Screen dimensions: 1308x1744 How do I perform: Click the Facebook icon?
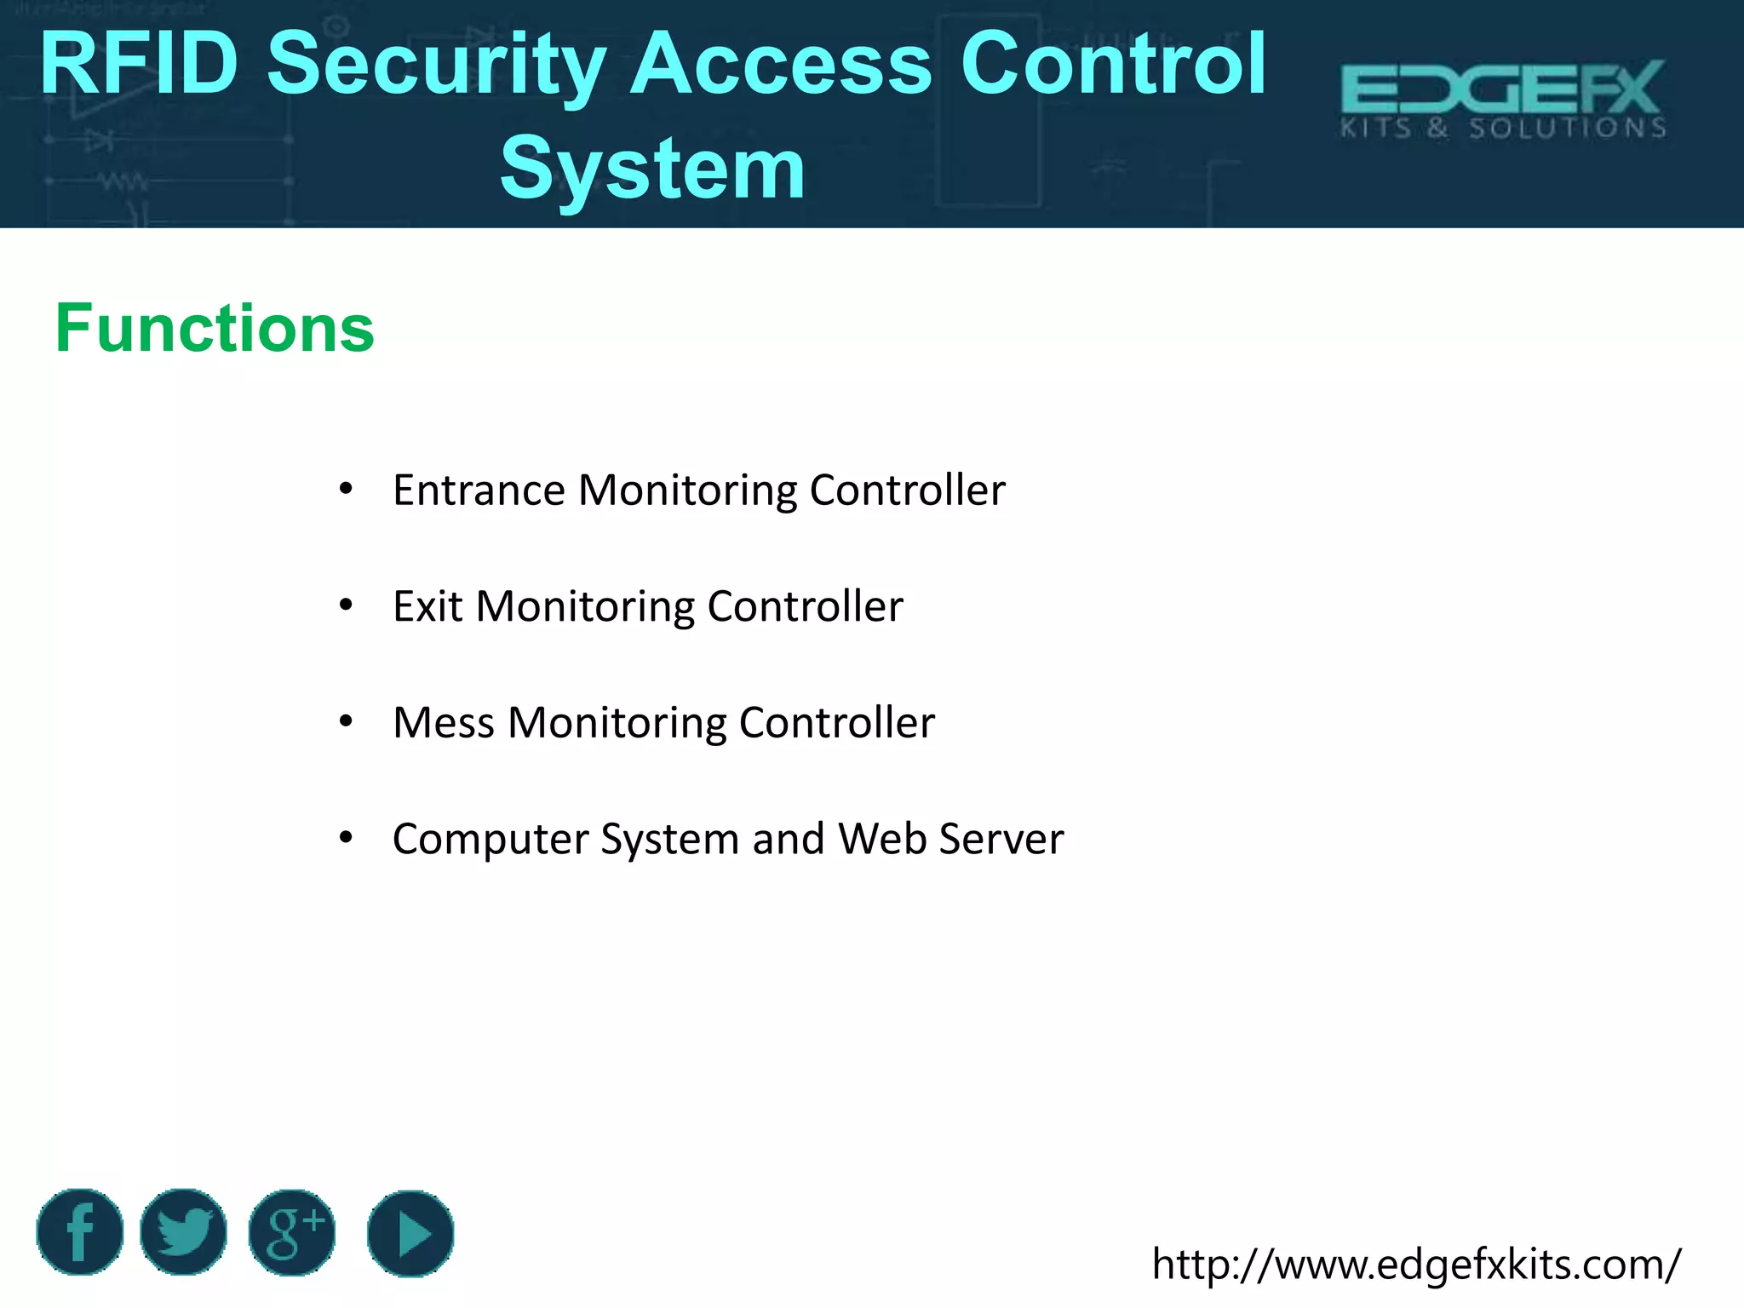(80, 1232)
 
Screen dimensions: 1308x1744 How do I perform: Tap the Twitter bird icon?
(183, 1232)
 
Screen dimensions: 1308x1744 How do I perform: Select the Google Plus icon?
(292, 1233)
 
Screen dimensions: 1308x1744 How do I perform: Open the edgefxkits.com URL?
(1416, 1264)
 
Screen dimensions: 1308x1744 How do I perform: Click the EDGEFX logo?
(1503, 99)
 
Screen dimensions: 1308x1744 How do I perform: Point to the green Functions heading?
(215, 328)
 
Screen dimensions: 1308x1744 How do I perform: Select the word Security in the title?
(436, 65)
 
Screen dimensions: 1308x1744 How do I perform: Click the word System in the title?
(652, 169)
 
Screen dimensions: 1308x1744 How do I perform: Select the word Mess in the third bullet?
(443, 722)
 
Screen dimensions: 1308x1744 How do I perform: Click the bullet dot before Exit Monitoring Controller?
(346, 605)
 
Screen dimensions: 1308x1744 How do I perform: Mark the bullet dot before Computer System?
(346, 838)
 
